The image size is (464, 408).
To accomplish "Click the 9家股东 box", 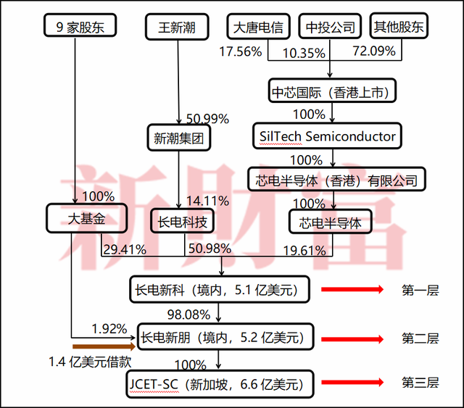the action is pos(75,28).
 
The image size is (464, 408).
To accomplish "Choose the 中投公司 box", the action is pos(330,28).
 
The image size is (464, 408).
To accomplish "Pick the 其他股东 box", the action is pos(399,28).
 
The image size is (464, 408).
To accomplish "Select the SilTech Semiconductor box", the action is pos(328,136).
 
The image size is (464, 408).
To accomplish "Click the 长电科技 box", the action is pos(183,222).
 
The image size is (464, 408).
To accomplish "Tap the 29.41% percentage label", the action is pos(124,249).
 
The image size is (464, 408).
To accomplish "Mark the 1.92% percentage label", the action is pos(109,328).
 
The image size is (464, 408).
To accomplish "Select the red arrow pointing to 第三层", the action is pos(352,383).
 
